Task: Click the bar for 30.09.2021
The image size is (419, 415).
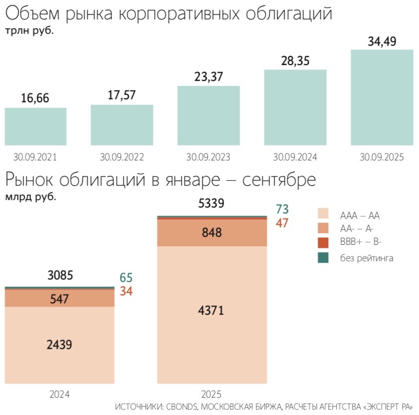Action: pyautogui.click(x=36, y=126)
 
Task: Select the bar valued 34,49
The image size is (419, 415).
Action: pyautogui.click(x=382, y=97)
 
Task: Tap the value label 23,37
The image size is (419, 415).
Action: pyautogui.click(x=208, y=77)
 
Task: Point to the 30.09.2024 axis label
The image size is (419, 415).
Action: pyautogui.click(x=295, y=157)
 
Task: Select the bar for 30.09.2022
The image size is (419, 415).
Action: pyautogui.click(x=122, y=125)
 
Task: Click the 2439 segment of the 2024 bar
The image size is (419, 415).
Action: pyautogui.click(x=60, y=344)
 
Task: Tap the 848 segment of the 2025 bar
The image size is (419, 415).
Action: pyautogui.click(x=212, y=233)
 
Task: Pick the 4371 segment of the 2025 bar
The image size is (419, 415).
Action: pyautogui.click(x=212, y=312)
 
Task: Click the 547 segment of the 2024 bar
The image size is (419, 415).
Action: pyautogui.click(x=60, y=299)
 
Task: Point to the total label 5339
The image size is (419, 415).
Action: pyautogui.click(x=211, y=204)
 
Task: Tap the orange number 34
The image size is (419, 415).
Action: pyautogui.click(x=126, y=291)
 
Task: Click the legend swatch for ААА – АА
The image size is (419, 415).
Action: pyautogui.click(x=323, y=213)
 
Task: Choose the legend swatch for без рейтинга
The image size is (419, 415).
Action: pyautogui.click(x=323, y=258)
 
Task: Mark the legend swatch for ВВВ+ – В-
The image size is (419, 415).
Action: pyautogui.click(x=323, y=243)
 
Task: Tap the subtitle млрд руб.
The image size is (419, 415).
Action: pyautogui.click(x=31, y=197)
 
